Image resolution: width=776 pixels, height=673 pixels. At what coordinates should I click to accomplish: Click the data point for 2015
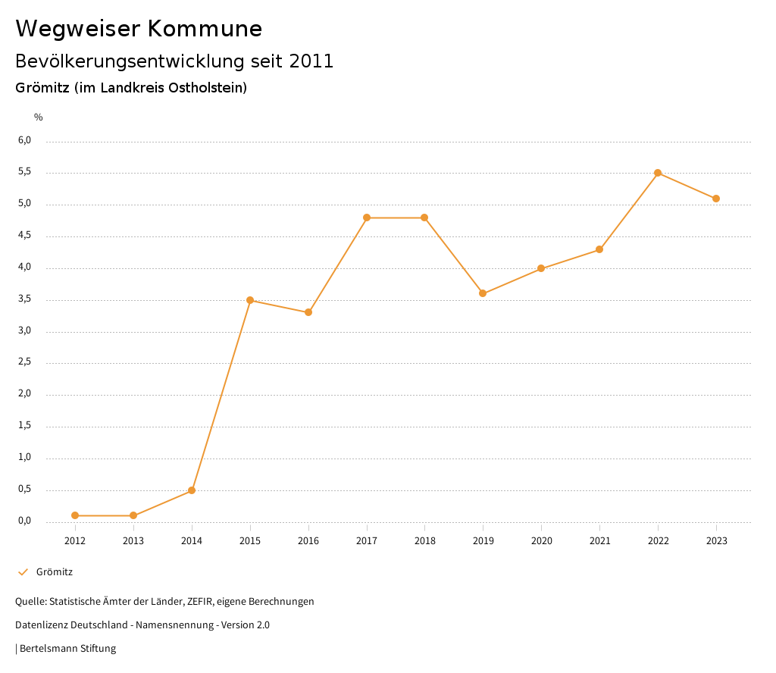[250, 300]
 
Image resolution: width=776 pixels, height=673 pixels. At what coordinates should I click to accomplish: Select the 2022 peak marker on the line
[658, 173]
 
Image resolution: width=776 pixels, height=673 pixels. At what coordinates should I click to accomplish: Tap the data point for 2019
[483, 293]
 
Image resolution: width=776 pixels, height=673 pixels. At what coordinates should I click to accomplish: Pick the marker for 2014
[192, 490]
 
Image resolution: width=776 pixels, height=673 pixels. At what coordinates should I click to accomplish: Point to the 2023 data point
[716, 199]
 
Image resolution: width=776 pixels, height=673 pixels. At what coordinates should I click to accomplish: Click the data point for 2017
[367, 218]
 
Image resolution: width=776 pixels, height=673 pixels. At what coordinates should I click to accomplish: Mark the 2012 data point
[75, 515]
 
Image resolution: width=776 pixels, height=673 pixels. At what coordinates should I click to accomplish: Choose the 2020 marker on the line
[541, 268]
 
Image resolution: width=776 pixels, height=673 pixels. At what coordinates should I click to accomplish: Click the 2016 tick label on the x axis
[308, 541]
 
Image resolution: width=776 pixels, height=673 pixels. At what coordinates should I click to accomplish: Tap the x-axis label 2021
[599, 541]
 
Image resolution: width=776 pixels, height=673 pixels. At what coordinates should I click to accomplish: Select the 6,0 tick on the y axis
[25, 140]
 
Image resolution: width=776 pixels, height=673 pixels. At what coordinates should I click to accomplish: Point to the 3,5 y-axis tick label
[25, 299]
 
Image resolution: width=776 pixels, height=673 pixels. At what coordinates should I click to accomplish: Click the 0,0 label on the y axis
[25, 521]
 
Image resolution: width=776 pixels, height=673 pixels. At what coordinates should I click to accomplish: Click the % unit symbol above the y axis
[39, 117]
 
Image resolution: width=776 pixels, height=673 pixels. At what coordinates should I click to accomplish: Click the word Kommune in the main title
[205, 29]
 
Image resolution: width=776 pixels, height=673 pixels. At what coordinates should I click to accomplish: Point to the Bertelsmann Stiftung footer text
[67, 649]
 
